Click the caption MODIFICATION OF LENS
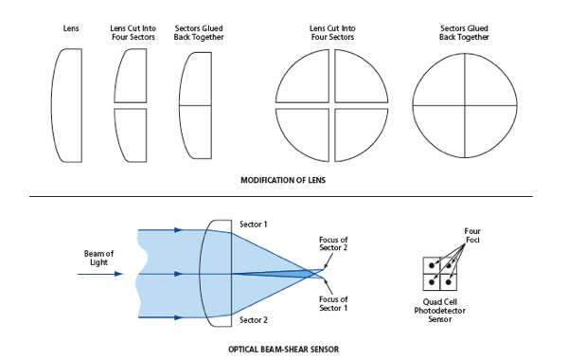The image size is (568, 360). coord(283,179)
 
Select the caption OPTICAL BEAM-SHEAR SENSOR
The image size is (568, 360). coord(283,349)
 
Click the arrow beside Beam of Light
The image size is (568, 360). coord(104,274)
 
